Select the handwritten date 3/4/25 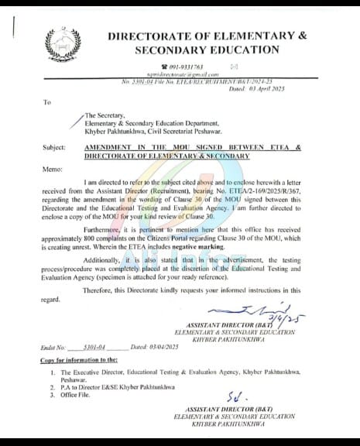click(x=276, y=316)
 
